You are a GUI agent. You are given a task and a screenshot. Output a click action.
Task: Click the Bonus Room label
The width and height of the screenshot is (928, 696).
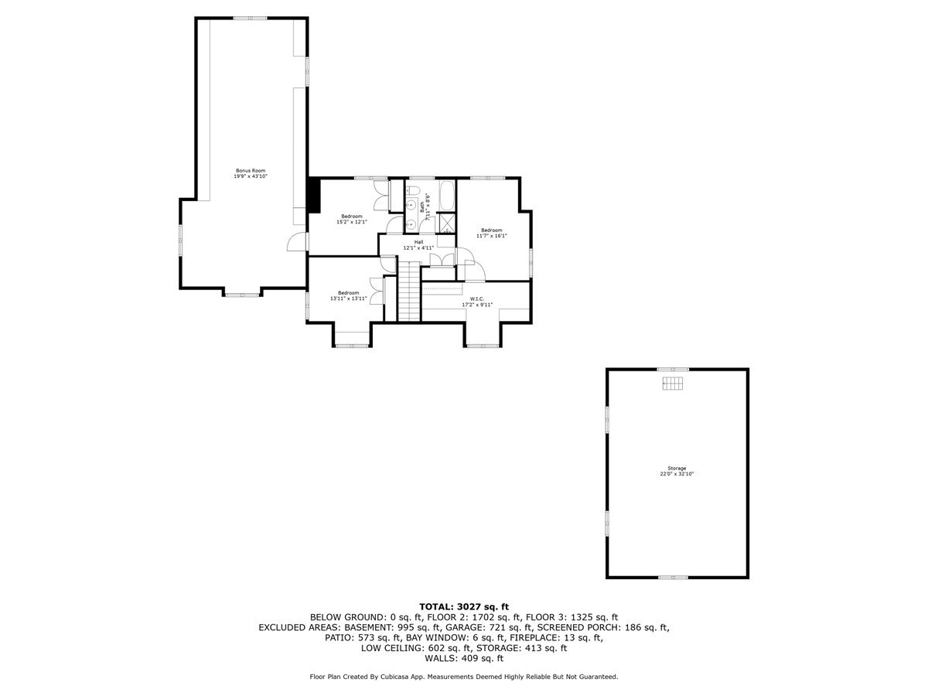[x=251, y=173]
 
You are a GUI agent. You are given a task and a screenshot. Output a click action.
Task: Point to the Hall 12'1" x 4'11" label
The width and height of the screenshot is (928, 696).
[x=418, y=245]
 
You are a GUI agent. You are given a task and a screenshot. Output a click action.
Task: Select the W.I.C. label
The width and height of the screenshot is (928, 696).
[x=476, y=302]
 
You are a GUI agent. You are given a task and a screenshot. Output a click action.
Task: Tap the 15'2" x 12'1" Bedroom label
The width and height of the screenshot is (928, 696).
[x=351, y=219]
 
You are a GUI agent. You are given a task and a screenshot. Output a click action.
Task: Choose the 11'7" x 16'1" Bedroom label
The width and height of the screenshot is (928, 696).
[x=492, y=233]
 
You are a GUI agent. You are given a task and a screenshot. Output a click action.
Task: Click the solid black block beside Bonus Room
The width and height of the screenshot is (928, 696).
[x=313, y=194]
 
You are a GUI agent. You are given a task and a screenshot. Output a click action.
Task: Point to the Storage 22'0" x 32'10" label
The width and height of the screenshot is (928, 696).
[x=677, y=471]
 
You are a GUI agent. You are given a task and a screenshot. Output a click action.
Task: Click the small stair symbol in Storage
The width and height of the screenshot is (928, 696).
[x=674, y=384]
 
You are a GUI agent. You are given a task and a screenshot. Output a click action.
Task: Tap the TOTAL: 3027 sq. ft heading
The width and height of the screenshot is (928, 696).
[x=464, y=606]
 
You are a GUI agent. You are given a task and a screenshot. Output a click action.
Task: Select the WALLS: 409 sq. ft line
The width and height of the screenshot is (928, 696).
[x=464, y=659]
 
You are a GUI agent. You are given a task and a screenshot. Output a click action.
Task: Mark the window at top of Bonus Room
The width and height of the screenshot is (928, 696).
[x=251, y=18]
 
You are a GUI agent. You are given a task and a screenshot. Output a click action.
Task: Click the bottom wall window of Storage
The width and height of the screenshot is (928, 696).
[x=673, y=577]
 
